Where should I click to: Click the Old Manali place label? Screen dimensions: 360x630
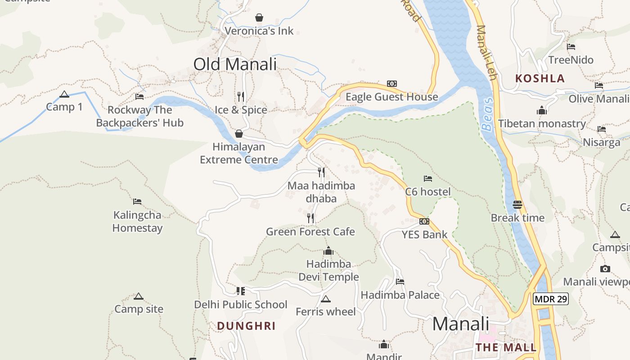pos(235,64)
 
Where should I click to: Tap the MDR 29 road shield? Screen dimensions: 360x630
pos(551,299)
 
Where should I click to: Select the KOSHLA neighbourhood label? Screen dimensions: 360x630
pos(540,78)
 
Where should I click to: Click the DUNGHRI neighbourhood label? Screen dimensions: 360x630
pos(246,326)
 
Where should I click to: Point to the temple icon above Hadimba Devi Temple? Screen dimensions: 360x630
pos(328,251)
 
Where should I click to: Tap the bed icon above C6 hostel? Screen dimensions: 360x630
pos(428,179)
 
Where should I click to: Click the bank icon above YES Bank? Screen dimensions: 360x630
pos(424,221)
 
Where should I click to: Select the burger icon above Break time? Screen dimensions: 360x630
pos(517,205)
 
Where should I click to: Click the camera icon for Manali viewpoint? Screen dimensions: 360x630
pos(605,269)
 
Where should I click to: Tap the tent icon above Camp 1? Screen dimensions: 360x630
pos(64,94)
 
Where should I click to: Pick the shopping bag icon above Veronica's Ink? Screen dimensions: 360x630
pos(259,18)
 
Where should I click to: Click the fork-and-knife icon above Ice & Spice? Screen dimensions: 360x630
pos(241,96)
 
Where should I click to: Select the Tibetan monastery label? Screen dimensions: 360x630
pos(542,124)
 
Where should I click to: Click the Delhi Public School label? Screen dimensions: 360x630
pos(241,305)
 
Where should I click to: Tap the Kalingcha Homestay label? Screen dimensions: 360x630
pos(137,221)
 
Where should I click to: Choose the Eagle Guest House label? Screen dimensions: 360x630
pos(391,97)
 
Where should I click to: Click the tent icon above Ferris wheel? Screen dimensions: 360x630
pos(326,299)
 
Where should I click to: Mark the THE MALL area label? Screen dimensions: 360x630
pos(506,347)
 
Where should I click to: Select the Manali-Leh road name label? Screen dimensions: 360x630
pos(486,52)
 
